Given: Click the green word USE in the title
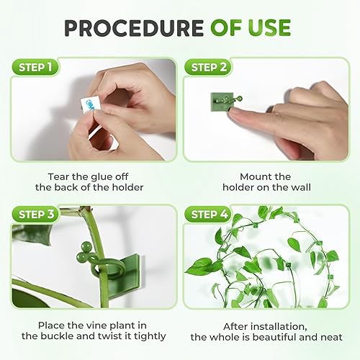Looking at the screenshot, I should click(266, 27).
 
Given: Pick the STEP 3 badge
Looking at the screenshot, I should click(35, 215).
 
